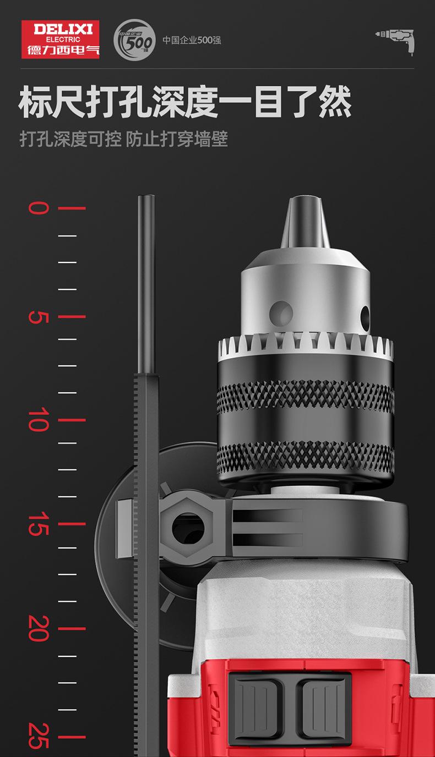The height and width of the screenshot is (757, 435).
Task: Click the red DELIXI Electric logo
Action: pyautogui.click(x=61, y=40)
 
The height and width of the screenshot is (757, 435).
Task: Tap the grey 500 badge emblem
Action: pyautogui.click(x=134, y=40)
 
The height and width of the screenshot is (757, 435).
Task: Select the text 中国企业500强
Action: pyautogui.click(x=192, y=40)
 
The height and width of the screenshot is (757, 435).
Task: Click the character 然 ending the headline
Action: pyautogui.click(x=335, y=102)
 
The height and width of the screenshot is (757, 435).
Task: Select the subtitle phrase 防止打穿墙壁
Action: pyautogui.click(x=177, y=139)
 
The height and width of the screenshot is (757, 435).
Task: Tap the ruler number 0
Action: pyautogui.click(x=39, y=208)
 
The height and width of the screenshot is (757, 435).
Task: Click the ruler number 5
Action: pyautogui.click(x=39, y=317)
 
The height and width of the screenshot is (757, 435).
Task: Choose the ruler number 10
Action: pyautogui.click(x=39, y=420)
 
